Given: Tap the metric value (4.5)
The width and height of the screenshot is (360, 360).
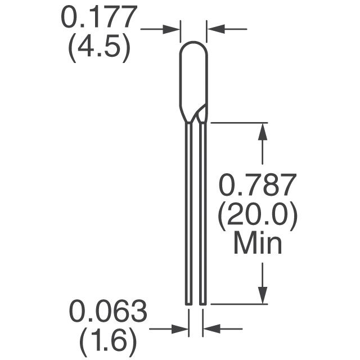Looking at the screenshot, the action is pyautogui.click(x=99, y=48).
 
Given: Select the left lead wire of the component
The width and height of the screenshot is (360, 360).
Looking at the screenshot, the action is pyautogui.click(x=188, y=214).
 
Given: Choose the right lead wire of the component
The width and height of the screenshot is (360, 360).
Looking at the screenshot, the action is pyautogui.click(x=203, y=214).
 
